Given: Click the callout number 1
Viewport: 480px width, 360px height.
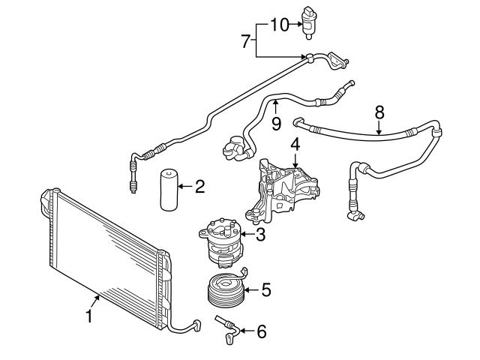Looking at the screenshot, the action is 89,316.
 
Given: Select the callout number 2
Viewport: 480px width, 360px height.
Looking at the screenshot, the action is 199,187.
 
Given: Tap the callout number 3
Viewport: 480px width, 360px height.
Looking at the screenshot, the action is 260,235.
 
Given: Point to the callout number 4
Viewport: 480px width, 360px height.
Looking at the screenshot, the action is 295,145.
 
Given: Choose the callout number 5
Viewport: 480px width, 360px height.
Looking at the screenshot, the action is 266,289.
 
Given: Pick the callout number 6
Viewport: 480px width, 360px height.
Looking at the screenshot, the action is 262,331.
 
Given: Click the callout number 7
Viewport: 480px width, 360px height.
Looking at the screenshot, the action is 245,41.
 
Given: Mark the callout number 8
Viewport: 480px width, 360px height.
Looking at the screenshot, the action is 379,112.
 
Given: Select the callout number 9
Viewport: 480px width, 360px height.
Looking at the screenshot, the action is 276,124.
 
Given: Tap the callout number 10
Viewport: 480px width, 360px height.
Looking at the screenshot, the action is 280,25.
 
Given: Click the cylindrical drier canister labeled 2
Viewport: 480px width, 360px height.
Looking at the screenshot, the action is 169,190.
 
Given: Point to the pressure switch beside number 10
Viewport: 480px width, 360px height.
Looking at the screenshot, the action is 309,22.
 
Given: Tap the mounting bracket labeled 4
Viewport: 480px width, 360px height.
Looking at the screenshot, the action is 282,190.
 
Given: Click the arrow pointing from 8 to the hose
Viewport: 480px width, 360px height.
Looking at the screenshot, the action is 379,127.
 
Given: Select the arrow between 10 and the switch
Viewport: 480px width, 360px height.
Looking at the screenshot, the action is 296,25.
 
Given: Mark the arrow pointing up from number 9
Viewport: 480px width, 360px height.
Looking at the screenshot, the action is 276,107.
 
